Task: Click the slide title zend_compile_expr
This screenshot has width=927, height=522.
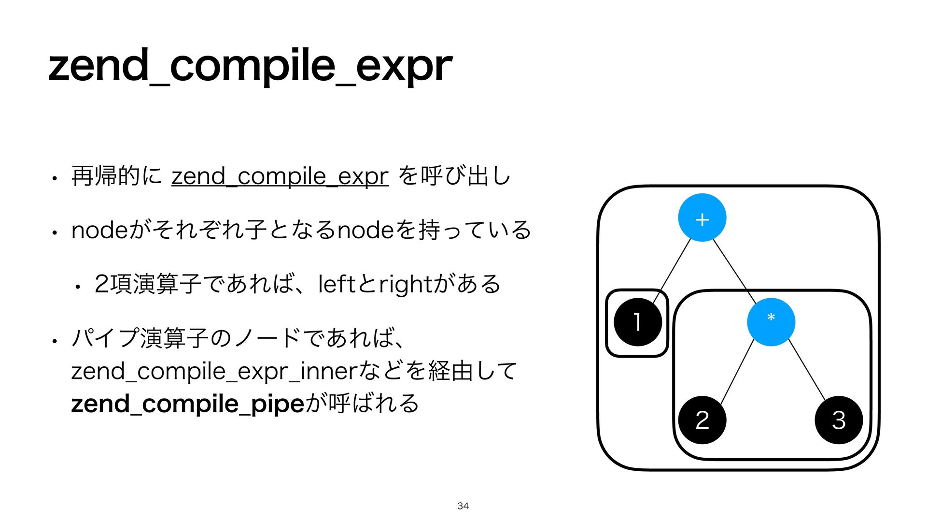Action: tap(250, 66)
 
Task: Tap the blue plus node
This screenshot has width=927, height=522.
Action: tap(702, 218)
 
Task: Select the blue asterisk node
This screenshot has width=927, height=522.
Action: tap(771, 322)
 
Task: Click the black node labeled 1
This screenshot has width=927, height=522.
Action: tap(637, 322)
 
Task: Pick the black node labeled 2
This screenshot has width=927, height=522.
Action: tap(702, 420)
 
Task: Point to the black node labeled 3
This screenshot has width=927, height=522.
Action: tap(839, 420)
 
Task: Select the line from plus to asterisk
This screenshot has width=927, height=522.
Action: tap(734, 269)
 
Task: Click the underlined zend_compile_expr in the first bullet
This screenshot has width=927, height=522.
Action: tap(280, 176)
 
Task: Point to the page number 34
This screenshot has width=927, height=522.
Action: tap(463, 506)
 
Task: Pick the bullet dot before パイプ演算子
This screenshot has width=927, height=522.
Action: tap(56, 341)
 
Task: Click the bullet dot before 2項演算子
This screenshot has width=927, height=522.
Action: tap(77, 287)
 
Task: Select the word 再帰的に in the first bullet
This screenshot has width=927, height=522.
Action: tap(116, 176)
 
